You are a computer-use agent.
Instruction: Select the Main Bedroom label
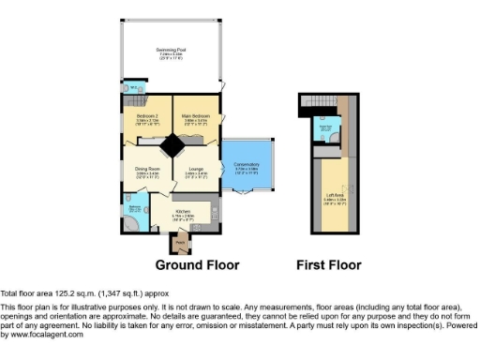[194, 118]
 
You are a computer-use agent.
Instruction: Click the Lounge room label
[194, 172]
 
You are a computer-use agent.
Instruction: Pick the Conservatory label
[247, 168]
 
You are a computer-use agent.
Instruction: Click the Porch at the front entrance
[180, 243]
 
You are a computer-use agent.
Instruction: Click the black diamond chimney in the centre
[172, 145]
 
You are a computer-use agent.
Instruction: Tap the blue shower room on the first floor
[326, 132]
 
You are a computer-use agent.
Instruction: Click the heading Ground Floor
[197, 265]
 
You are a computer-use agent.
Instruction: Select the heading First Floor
[328, 265]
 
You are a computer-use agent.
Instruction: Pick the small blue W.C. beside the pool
[133, 88]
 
